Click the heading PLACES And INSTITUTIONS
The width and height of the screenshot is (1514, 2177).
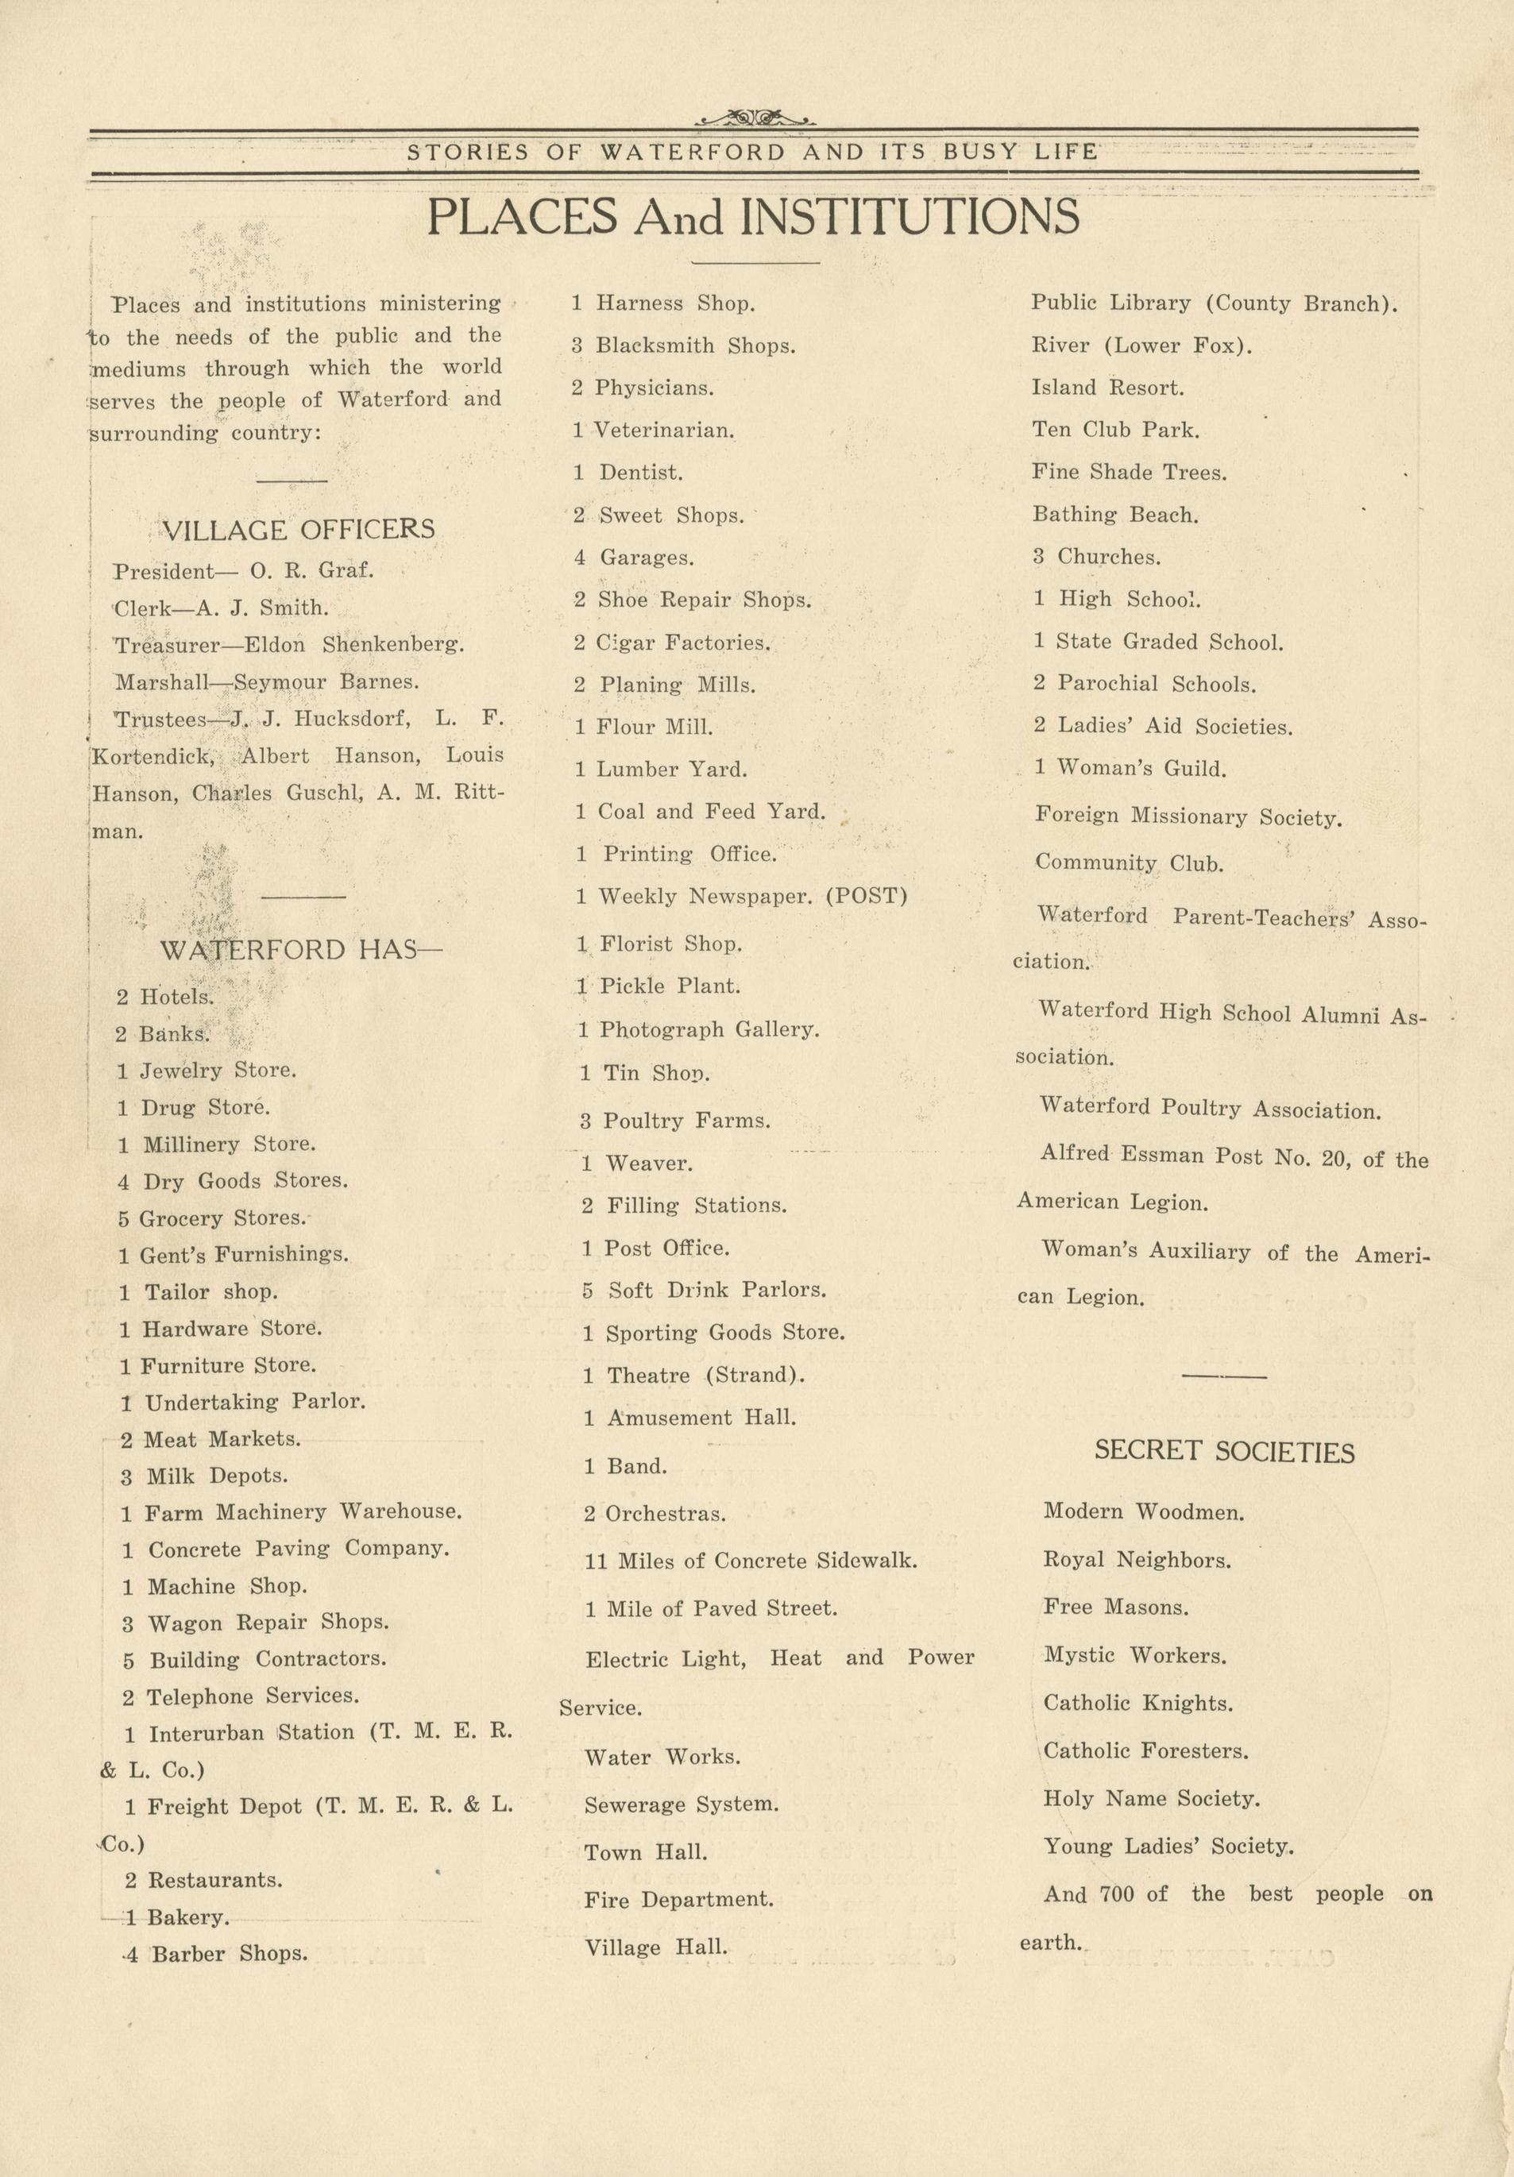click(x=753, y=217)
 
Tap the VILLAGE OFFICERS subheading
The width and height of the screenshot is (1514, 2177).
click(x=299, y=529)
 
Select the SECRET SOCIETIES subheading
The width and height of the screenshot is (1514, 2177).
click(x=1224, y=1452)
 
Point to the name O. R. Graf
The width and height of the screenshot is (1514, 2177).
click(x=312, y=572)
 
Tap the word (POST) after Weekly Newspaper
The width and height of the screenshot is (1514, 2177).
click(x=867, y=896)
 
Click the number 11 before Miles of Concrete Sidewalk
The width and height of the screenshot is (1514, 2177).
click(x=596, y=1561)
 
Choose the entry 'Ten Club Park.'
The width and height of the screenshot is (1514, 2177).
click(x=1115, y=430)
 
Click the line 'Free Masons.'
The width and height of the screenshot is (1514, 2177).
click(x=1116, y=1608)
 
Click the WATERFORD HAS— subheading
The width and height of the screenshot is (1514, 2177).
click(x=300, y=950)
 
